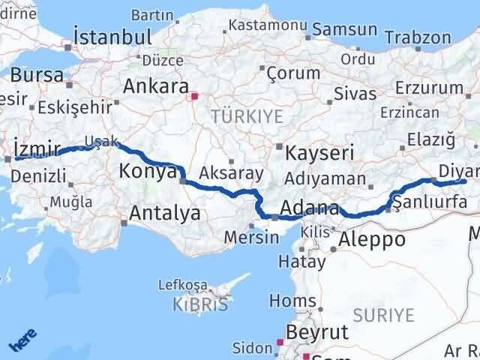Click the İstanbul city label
[112, 37]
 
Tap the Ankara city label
[154, 86]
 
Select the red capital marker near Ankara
[194, 96]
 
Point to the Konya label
[148, 172]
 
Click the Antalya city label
[164, 214]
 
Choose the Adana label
[309, 207]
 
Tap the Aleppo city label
[373, 240]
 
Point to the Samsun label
[344, 29]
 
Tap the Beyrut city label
[319, 332]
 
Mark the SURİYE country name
[388, 315]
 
